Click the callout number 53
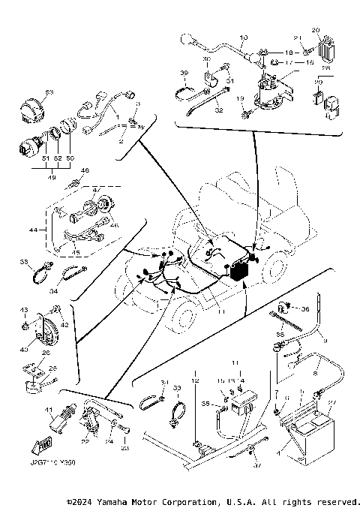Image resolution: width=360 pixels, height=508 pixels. [x=49, y=92]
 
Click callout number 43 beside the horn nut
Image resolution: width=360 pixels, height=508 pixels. [x=23, y=309]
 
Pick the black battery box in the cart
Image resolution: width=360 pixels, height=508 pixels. [x=239, y=273]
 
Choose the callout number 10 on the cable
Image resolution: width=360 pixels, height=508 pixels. [x=242, y=37]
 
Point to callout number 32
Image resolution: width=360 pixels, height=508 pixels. [x=219, y=110]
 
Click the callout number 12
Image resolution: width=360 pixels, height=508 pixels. [x=194, y=382]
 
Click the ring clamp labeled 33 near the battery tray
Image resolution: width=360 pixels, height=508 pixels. [x=177, y=413]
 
